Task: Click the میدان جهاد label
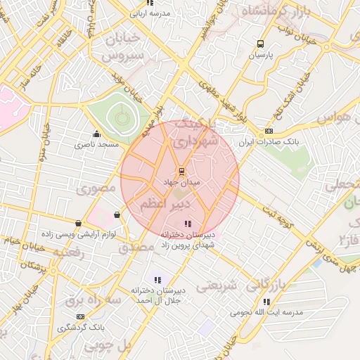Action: [x=181, y=182]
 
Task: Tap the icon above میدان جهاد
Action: [x=181, y=171]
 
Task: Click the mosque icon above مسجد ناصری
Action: [x=96, y=134]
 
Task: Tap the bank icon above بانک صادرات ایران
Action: [x=269, y=131]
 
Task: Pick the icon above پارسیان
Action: [x=262, y=43]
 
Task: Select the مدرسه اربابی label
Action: [x=149, y=13]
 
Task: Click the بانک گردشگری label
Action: [x=80, y=328]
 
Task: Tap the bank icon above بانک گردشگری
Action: [x=80, y=317]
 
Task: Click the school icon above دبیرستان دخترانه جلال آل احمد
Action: [x=157, y=280]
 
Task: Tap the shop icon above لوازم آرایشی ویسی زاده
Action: [x=116, y=215]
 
